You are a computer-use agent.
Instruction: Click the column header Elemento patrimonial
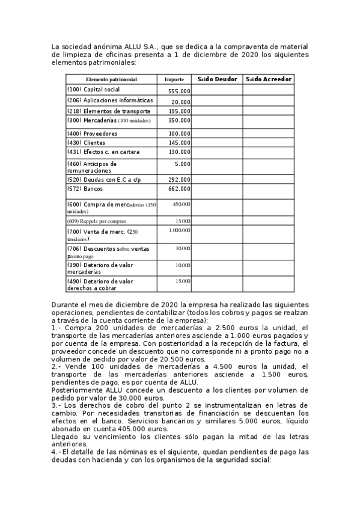pos(111,79)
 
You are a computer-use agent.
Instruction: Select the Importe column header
pos(174,79)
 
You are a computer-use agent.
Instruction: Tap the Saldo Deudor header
pos(217,79)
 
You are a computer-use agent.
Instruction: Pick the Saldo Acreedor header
pos(269,79)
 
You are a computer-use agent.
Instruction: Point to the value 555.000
pos(179,91)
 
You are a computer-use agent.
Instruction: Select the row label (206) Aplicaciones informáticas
pos(110,100)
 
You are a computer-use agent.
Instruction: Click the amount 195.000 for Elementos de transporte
pos(179,112)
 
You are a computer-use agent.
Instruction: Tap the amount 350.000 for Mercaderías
pos(179,121)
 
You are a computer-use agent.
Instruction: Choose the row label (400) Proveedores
pos(92,134)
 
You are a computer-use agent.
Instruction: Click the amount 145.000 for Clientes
pos(179,143)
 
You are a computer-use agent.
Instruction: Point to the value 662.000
pos(179,189)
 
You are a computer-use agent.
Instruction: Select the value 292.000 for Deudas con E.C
pos(179,179)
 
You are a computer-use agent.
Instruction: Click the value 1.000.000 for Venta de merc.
pos(180,230)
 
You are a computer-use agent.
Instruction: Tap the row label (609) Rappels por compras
pos(97,221)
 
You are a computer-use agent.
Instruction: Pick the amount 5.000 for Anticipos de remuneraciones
pos(183,164)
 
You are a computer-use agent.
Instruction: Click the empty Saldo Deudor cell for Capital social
pos(217,90)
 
